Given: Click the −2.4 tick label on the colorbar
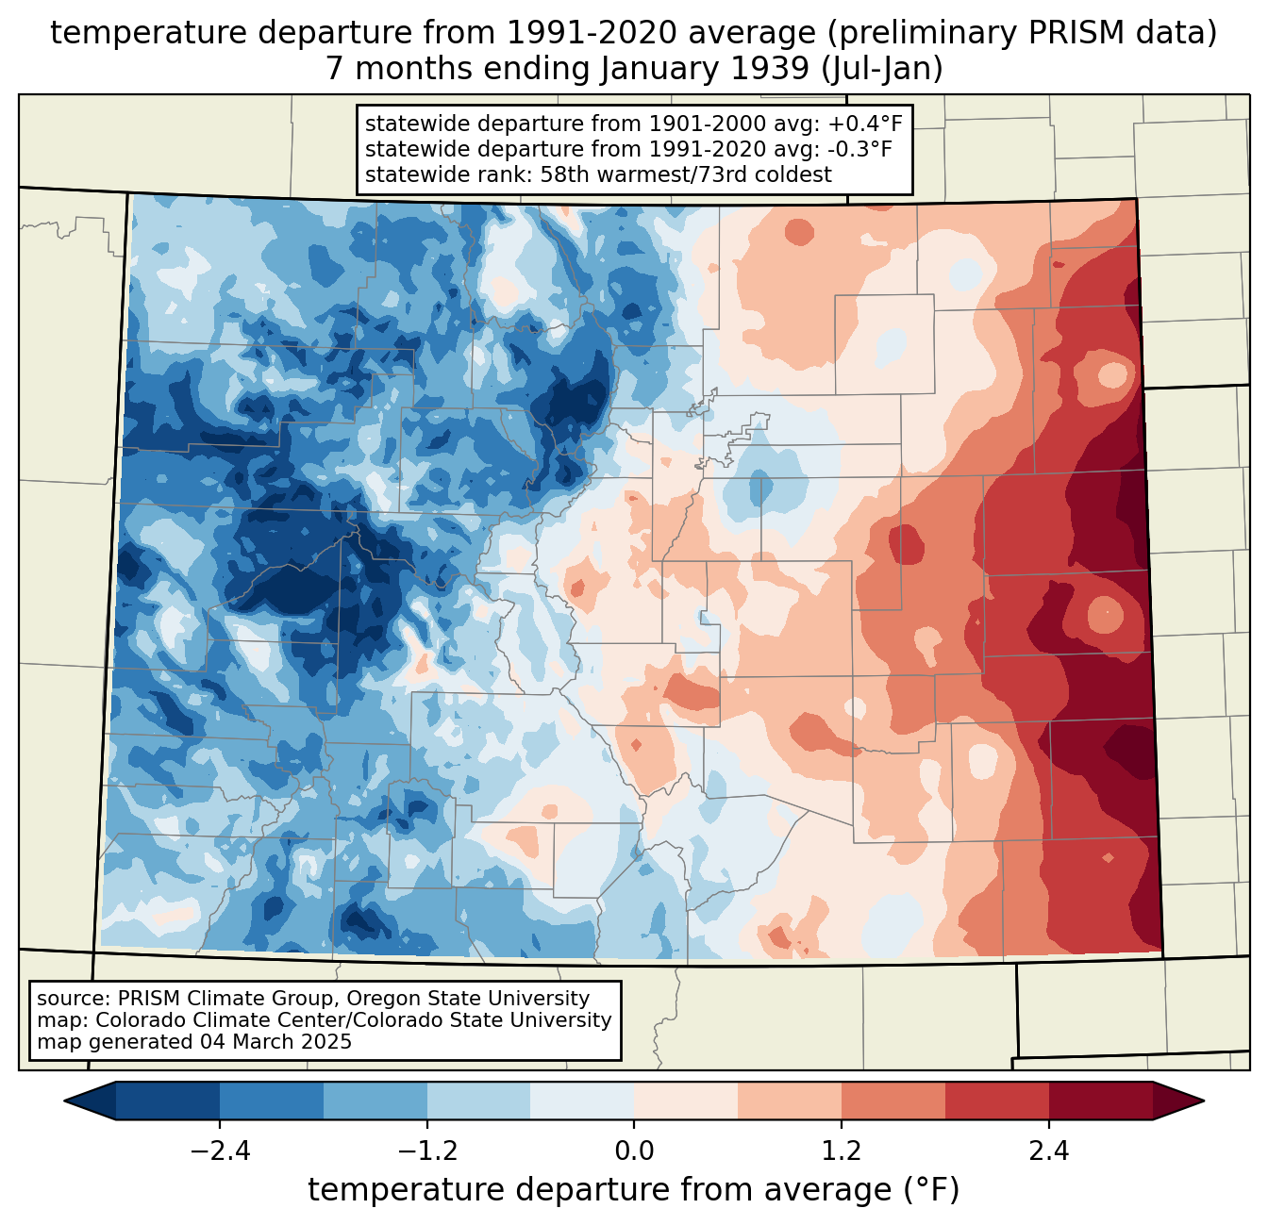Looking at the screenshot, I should pos(220,1151).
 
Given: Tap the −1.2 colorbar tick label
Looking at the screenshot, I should pos(426,1151).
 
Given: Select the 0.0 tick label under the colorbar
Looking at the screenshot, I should pos(634,1151).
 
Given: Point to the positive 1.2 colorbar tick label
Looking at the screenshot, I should pos(842,1151).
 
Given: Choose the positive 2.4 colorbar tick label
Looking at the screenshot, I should pos(1048,1151).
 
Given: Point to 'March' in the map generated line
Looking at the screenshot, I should pos(263,1042).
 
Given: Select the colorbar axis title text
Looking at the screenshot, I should pos(633,1190).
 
